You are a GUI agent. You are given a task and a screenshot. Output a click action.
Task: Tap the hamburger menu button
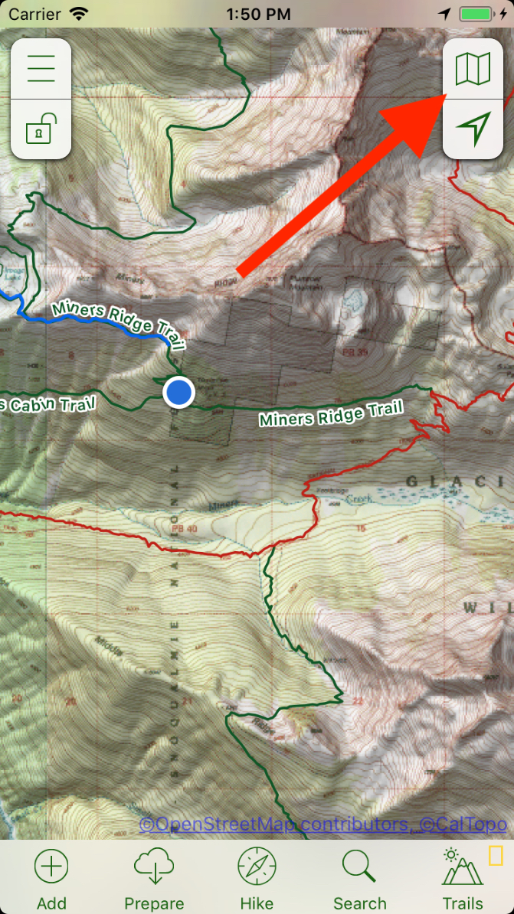(41, 69)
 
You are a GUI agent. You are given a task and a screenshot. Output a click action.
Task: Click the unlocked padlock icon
(41, 129)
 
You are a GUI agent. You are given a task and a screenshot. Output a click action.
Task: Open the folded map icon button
(473, 69)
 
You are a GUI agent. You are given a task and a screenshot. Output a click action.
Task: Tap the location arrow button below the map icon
(473, 129)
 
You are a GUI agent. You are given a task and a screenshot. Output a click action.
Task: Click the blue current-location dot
(179, 392)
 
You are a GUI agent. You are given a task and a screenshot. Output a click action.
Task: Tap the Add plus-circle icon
(51, 867)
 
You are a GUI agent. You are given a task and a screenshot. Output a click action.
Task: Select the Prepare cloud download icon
(154, 867)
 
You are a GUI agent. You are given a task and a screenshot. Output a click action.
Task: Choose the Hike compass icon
(257, 867)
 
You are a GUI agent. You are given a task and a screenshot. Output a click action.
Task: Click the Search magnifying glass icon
(359, 867)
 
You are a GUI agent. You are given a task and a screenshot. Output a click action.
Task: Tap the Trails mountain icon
(463, 867)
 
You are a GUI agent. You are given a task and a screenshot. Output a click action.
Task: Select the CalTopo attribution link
(463, 824)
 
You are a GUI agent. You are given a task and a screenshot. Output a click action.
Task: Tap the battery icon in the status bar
(481, 14)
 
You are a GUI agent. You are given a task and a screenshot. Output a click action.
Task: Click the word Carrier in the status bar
(34, 14)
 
